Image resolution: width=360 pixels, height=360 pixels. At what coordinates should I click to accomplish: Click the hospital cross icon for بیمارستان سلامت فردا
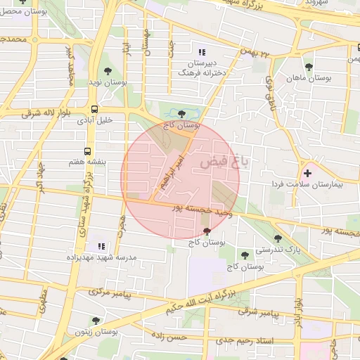point(307,172)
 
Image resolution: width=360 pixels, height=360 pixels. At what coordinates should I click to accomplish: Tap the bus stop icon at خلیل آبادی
point(95,109)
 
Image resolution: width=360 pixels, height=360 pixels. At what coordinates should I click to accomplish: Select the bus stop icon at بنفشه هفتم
point(88,150)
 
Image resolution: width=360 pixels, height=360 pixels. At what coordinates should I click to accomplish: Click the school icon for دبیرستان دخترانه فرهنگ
point(202,52)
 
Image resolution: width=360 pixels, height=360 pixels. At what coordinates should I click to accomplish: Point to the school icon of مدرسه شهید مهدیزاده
point(101,246)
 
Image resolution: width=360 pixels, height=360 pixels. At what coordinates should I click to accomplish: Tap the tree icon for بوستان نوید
point(108,71)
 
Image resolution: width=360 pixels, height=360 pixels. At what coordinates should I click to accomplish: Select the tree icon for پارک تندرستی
point(278,238)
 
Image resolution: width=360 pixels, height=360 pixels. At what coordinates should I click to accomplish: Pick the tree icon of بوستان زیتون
point(96,321)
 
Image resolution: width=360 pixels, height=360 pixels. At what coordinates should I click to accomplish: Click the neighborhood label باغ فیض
point(229,162)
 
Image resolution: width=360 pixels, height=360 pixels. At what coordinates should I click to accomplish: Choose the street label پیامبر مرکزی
point(111,291)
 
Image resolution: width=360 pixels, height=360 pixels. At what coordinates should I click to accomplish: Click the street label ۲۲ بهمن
point(255,53)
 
